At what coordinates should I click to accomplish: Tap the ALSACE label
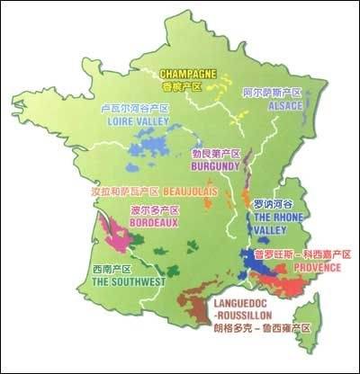[286, 105]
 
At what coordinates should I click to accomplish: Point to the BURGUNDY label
[213, 166]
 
